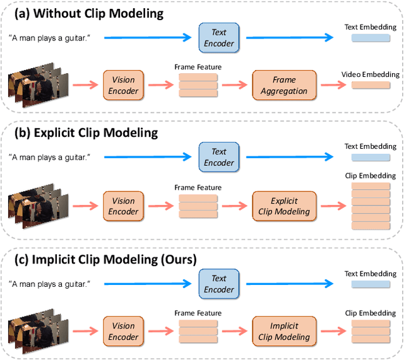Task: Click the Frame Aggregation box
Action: coord(284,85)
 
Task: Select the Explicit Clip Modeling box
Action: coord(284,206)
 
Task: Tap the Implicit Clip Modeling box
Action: coord(284,332)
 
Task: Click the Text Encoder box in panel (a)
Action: coord(219,38)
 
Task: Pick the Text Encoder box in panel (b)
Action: coord(219,158)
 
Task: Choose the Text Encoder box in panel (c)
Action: coord(219,284)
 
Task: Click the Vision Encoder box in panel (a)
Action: coord(124,85)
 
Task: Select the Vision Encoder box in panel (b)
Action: coord(124,206)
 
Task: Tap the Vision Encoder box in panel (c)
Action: coord(124,332)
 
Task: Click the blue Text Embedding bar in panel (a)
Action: coord(370,39)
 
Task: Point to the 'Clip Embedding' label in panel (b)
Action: coord(370,175)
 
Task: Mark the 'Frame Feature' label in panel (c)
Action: coord(198,313)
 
